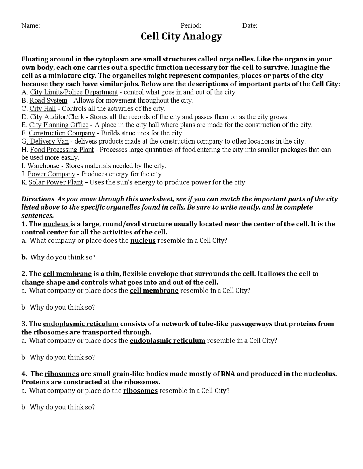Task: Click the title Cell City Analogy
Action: click(x=181, y=37)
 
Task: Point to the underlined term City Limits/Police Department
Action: click(x=74, y=92)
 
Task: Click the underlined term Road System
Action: click(x=48, y=101)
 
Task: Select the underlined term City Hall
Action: click(x=43, y=109)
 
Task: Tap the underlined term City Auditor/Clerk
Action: click(x=57, y=117)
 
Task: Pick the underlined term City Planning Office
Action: click(x=59, y=125)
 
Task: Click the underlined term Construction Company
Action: click(x=62, y=133)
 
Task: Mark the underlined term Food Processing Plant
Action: click(x=62, y=150)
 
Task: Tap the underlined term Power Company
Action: click(x=51, y=174)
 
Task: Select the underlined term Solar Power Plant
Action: click(x=56, y=182)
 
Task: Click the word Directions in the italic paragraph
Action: click(x=38, y=199)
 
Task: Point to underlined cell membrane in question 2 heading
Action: click(x=67, y=274)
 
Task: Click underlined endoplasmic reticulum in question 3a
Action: click(x=167, y=341)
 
